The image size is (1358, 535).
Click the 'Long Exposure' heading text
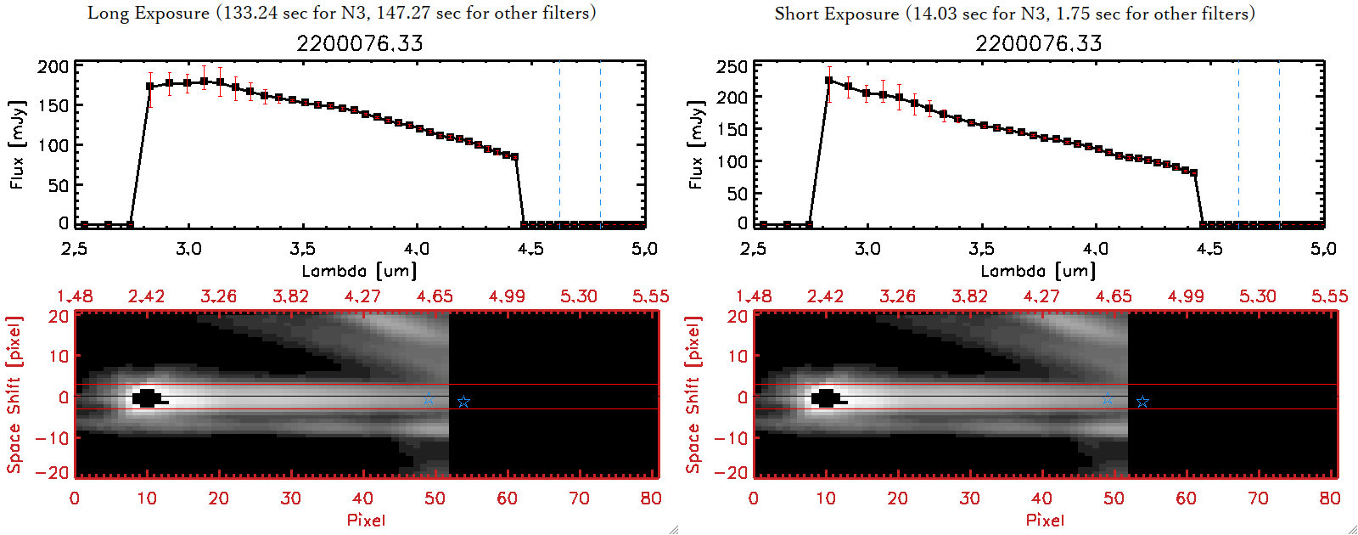[x=149, y=13]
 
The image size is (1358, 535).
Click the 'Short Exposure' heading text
[x=836, y=14]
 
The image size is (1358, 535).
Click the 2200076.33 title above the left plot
[x=359, y=43]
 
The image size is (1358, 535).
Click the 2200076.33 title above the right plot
[x=1038, y=43]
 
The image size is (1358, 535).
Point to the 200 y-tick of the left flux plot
[x=53, y=66]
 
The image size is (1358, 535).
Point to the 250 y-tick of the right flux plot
[x=732, y=66]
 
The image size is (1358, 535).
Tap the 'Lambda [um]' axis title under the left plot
[x=359, y=271]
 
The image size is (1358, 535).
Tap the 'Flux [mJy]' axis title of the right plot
[x=696, y=144]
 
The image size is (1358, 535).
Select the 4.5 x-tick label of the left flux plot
[x=530, y=249]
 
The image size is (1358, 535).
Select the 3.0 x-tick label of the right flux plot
[x=867, y=249]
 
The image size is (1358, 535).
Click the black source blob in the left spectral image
[x=148, y=398]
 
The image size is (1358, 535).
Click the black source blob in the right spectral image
[x=827, y=398]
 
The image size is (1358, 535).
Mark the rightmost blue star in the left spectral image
[x=463, y=402]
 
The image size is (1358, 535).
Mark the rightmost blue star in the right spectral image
[x=1142, y=402]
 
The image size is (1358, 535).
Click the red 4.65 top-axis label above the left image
[x=435, y=296]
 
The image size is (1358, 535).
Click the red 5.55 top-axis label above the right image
[x=1329, y=296]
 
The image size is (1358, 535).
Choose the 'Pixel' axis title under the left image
[x=366, y=520]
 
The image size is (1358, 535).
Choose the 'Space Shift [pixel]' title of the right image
[x=693, y=395]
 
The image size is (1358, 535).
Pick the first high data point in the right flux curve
[x=829, y=81]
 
